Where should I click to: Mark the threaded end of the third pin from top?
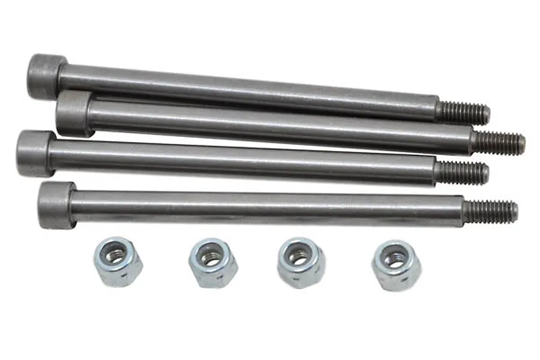coord(461,173)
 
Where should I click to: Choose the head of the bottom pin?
coord(56,205)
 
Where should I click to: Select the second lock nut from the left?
coord(212,263)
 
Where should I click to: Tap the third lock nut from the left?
coord(301,262)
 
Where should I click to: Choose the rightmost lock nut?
coord(396,265)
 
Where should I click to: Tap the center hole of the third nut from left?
coord(299,256)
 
